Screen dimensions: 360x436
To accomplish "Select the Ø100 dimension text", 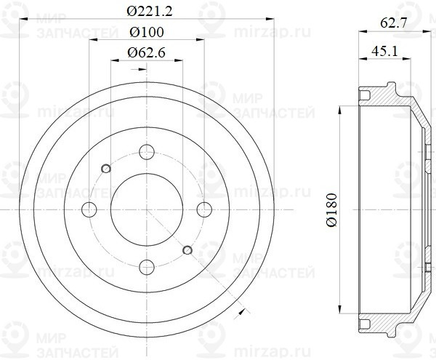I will tap(147, 32).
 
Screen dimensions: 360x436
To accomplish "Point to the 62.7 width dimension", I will tap(394, 23).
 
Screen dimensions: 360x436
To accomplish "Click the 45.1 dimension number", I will tap(383, 51).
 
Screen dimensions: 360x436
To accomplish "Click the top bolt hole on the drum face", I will tap(147, 153).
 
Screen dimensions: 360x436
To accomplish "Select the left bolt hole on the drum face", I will tap(91, 209).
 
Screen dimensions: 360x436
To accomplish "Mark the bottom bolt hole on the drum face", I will tap(147, 265).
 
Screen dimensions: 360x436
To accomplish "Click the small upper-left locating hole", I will tap(106, 168).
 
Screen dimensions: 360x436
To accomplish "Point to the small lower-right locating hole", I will tap(187, 251).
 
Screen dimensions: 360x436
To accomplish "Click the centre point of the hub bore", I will tap(147, 209).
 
